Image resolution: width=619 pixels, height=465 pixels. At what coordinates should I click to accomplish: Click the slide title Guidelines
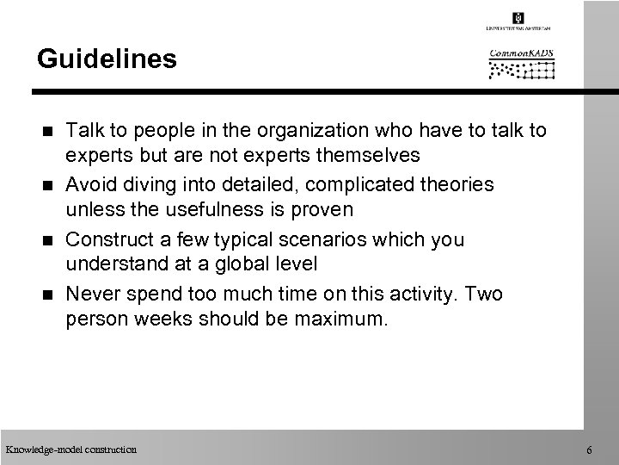tap(107, 59)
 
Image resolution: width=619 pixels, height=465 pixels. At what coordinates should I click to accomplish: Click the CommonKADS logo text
tap(522, 53)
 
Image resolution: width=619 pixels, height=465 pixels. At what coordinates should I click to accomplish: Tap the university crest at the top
tap(518, 18)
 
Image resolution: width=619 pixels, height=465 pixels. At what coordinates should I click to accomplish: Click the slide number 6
tap(588, 450)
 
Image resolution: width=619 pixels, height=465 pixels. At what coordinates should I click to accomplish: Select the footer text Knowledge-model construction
tap(70, 449)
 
